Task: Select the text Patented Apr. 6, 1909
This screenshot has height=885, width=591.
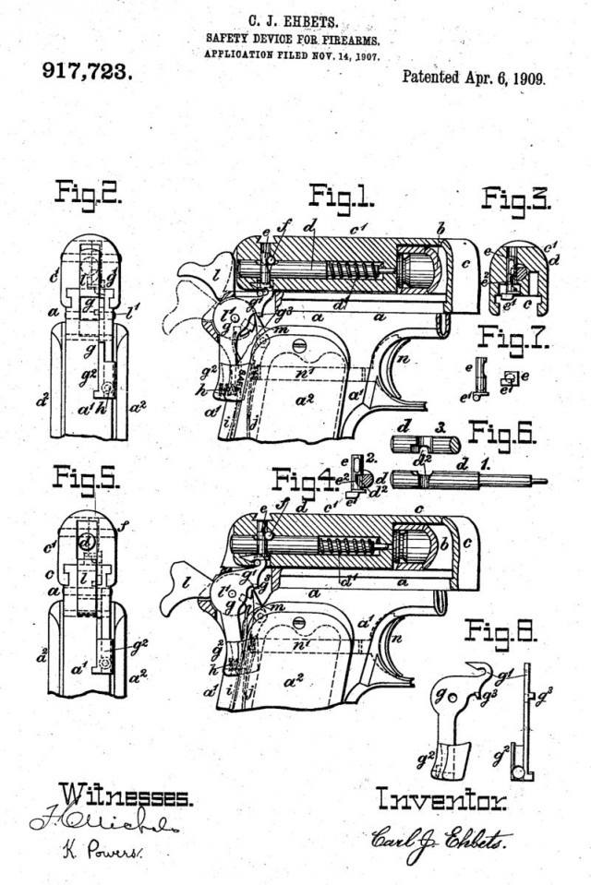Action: [473, 78]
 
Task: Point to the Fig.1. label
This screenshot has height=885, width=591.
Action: [341, 196]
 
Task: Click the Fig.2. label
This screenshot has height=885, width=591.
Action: [90, 193]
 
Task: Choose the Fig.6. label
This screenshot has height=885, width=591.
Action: [507, 433]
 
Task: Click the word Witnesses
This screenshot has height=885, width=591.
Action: [126, 795]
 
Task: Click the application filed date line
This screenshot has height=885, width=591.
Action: [291, 54]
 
